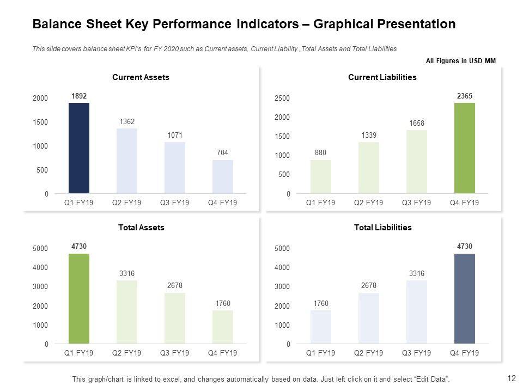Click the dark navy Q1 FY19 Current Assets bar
click(79, 148)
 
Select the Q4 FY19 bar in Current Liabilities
click(465, 148)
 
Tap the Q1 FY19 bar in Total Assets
click(79, 299)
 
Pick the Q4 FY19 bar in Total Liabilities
click(465, 299)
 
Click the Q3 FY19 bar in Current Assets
click(175, 168)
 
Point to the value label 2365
click(465, 96)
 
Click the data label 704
click(223, 153)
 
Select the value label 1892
click(79, 96)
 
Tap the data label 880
click(321, 153)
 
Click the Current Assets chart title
click(141, 77)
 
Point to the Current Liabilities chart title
click(382, 77)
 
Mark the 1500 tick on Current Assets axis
click(40, 122)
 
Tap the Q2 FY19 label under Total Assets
click(126, 353)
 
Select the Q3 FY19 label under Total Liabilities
click(416, 353)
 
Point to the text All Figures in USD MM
click(460, 61)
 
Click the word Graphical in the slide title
click(342, 24)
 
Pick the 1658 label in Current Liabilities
click(417, 125)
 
